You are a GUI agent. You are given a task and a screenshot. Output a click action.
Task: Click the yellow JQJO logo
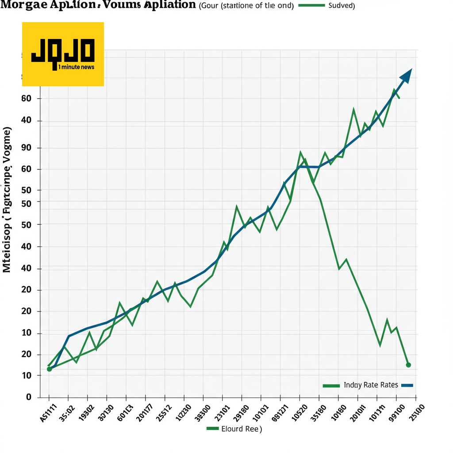(63, 54)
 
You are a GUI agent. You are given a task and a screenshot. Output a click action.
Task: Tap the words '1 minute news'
(76, 67)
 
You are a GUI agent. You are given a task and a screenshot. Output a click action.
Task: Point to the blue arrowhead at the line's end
(406, 76)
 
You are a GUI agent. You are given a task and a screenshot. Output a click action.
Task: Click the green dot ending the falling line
(408, 365)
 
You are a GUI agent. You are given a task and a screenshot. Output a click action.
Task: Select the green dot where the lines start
(49, 369)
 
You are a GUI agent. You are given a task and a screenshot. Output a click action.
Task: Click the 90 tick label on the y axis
(26, 148)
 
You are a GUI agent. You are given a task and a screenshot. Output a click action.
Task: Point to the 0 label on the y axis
(29, 397)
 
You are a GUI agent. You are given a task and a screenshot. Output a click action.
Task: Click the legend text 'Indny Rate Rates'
(371, 385)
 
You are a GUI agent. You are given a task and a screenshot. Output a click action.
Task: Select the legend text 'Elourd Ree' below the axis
(241, 429)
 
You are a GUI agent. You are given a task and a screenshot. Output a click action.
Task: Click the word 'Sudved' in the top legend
(341, 6)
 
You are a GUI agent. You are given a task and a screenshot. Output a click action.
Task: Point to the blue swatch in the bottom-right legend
(407, 385)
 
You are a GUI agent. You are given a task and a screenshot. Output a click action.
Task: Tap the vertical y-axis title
(7, 199)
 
